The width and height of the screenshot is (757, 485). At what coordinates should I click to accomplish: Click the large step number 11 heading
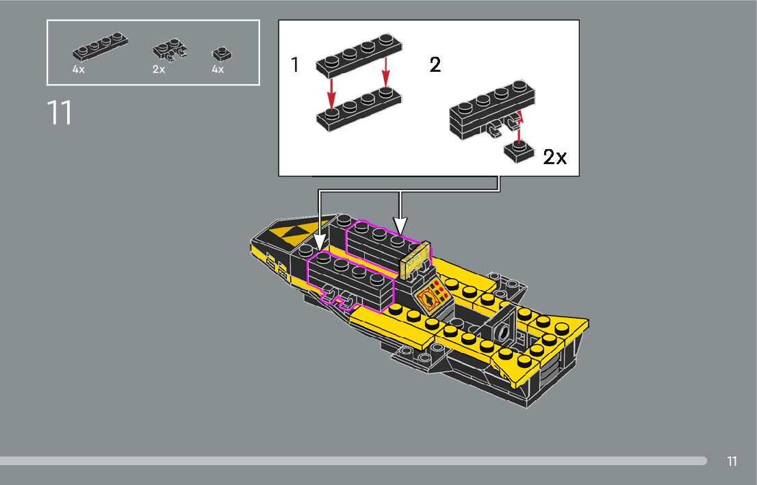(60, 113)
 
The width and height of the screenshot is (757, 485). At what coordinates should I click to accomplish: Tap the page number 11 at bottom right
(732, 461)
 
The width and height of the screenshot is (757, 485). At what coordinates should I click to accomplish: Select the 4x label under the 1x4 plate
(78, 70)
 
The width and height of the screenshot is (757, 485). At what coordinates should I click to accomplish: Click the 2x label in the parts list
(159, 70)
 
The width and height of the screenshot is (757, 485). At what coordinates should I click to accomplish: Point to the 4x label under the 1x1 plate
(218, 70)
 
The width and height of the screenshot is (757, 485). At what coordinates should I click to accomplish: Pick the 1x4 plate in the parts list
(100, 46)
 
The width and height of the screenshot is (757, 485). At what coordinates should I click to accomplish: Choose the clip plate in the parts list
(170, 50)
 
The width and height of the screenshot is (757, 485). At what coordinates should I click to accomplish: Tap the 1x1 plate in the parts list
(222, 53)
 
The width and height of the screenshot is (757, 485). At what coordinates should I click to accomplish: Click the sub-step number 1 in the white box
(295, 65)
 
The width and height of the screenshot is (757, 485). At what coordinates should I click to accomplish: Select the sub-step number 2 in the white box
(435, 65)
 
